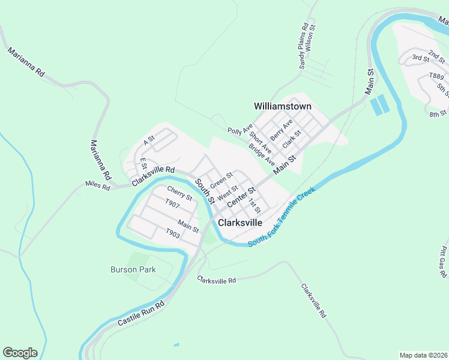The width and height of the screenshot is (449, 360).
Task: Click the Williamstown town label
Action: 283,106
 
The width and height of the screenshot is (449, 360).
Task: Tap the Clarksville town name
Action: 240,222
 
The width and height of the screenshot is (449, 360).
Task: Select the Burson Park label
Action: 133,269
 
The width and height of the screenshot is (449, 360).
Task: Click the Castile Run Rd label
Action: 140,314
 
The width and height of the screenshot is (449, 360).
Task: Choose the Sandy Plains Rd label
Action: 304,47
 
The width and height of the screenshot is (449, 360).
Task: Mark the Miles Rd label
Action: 98,187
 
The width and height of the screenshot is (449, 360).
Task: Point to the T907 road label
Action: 172,204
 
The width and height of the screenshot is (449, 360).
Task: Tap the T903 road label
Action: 172,233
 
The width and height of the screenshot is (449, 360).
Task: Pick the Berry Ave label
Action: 281,128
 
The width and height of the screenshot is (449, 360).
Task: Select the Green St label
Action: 221,179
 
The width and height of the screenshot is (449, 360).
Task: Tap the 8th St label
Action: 438,113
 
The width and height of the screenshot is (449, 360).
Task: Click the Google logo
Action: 20,353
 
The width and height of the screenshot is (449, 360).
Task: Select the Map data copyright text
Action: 424,355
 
